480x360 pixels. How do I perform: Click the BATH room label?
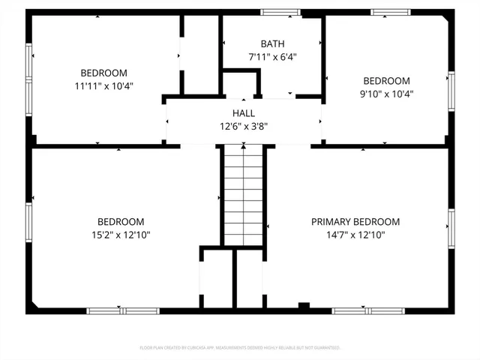coord(272,44)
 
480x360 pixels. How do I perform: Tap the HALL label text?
coord(243,112)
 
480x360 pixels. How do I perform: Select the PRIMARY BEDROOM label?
coord(355,222)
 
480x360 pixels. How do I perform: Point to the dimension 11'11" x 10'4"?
coord(103,86)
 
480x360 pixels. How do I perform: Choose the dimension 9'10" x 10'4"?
coord(387,94)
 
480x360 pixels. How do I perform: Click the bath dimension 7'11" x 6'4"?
coord(272,57)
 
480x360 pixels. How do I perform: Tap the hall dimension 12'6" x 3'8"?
coord(243,125)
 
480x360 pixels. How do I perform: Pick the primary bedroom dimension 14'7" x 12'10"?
coord(355,235)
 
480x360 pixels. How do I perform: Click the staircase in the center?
coord(244,195)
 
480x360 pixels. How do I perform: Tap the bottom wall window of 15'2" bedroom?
coord(112,310)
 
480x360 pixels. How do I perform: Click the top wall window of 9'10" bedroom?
coord(391,12)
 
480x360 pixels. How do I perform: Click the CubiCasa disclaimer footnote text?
coord(240,348)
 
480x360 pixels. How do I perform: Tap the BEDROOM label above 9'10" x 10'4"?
coord(387,81)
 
